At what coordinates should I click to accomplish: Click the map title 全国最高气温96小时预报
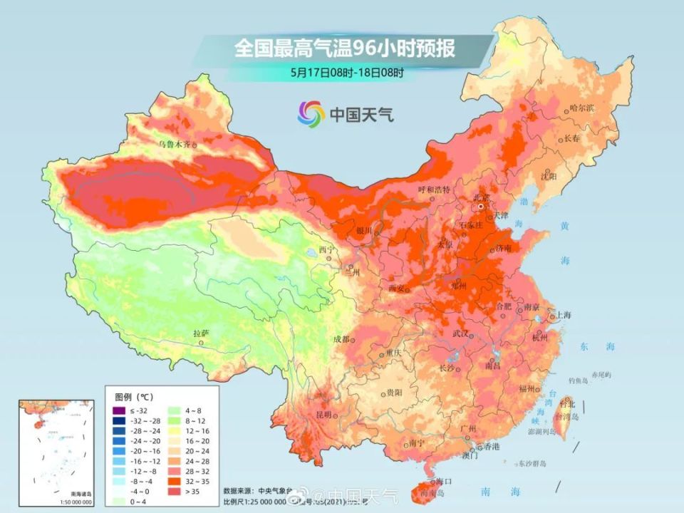344,49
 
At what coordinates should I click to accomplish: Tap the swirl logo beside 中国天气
311,113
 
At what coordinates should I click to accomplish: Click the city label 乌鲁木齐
175,144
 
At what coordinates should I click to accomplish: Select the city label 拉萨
201,333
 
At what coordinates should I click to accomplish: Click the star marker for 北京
482,206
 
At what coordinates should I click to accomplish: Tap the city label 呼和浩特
434,190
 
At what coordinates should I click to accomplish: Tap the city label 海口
444,482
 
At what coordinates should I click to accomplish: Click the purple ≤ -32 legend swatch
118,411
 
